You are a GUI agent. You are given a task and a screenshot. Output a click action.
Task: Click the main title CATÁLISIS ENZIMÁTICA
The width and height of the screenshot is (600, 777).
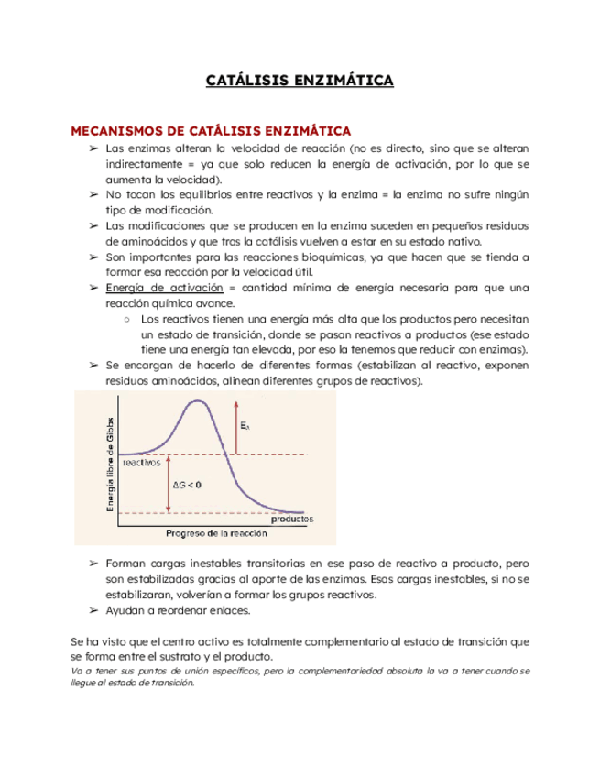pyautogui.click(x=300, y=82)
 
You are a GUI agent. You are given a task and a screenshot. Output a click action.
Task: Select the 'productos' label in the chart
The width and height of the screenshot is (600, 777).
pyautogui.click(x=291, y=519)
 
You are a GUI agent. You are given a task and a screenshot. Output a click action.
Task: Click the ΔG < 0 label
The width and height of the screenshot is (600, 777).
pyautogui.click(x=189, y=485)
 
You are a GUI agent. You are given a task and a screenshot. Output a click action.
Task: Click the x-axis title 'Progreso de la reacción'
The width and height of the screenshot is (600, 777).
pyautogui.click(x=217, y=533)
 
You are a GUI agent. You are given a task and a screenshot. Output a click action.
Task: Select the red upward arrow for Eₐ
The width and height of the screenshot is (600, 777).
pyautogui.click(x=235, y=426)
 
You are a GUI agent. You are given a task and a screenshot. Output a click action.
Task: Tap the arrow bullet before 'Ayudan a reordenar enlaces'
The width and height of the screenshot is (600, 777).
pyautogui.click(x=93, y=610)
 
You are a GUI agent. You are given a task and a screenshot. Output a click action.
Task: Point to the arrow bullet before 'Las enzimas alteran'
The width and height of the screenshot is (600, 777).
pyautogui.click(x=93, y=148)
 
